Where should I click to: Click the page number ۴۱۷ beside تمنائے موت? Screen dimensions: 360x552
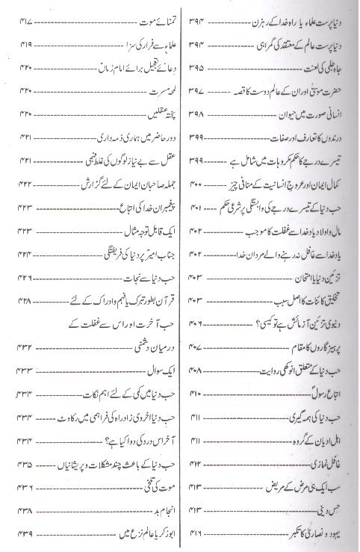[28, 16]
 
